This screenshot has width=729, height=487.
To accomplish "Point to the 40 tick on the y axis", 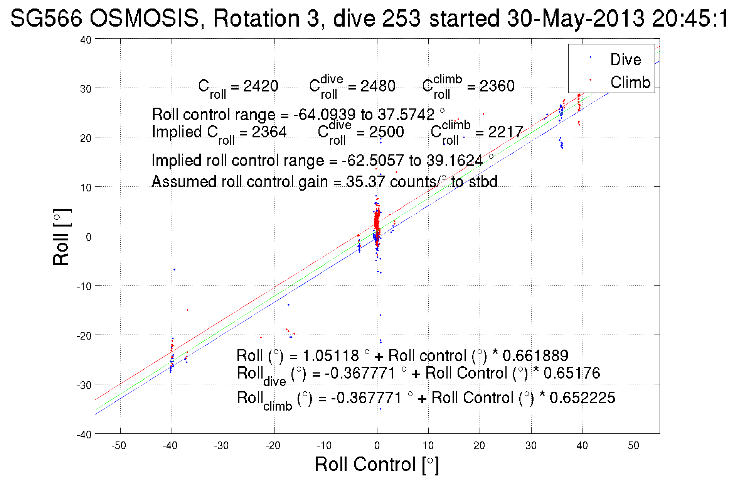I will click(x=86, y=40).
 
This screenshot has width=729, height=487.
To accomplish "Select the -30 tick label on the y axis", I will click(x=84, y=385).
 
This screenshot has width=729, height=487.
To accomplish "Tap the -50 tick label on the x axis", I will click(x=119, y=446).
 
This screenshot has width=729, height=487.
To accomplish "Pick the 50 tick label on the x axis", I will click(x=633, y=446).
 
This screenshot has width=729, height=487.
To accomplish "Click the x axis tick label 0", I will click(x=377, y=446).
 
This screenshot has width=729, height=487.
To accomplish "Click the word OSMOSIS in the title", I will click(x=145, y=18).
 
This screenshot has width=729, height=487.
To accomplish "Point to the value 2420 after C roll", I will click(x=261, y=86).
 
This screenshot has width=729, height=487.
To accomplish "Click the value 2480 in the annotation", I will click(x=378, y=86).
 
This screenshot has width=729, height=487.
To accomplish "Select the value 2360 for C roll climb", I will click(x=497, y=86).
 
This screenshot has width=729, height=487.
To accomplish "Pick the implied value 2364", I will click(x=269, y=132).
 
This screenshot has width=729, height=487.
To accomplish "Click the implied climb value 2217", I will click(x=505, y=132).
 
